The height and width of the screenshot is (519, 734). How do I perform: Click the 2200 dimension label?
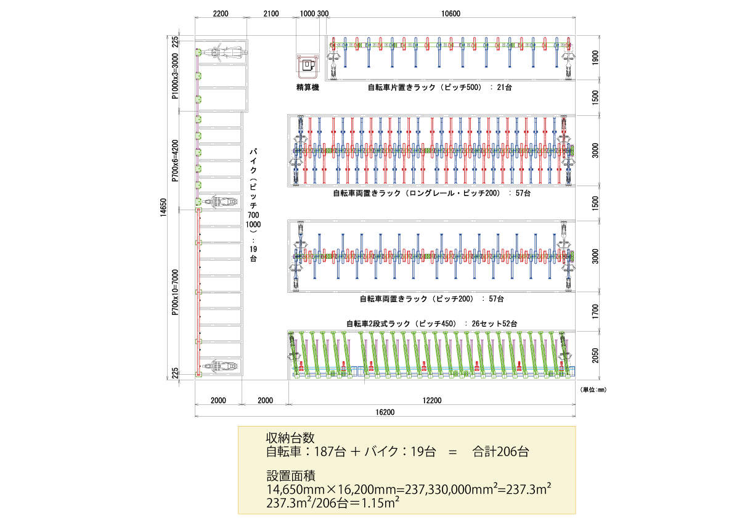point(221,14)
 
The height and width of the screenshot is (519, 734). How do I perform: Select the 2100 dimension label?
point(271,14)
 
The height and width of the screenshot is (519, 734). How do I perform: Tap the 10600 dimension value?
point(451,14)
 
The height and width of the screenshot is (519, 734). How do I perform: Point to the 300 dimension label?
point(323,14)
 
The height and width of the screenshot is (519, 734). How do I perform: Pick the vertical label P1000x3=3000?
point(175,76)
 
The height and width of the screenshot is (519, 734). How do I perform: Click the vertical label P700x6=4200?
point(175,160)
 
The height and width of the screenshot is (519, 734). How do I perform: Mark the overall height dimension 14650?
point(163,208)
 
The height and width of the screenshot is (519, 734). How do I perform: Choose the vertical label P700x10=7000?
point(175,292)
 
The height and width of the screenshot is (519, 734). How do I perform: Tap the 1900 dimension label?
point(595,58)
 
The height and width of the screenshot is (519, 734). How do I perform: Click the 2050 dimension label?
point(595,356)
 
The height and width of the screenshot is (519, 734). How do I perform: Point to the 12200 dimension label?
point(431,401)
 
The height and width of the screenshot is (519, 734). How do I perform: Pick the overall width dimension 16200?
point(385,412)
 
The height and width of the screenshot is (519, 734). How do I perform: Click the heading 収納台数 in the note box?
point(290,438)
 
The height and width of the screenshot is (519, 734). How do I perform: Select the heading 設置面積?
point(291,476)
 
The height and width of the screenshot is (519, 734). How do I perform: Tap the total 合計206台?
point(500,452)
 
